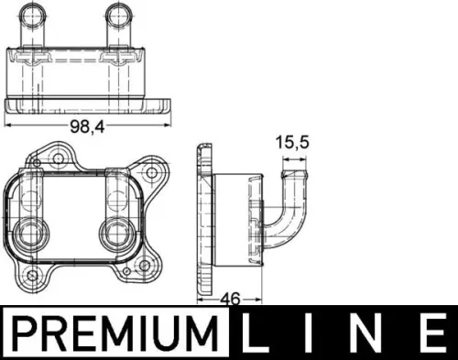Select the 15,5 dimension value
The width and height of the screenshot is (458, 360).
point(291,142)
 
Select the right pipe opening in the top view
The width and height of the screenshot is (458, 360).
point(117,14)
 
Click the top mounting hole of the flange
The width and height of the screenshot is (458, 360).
point(57,153)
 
